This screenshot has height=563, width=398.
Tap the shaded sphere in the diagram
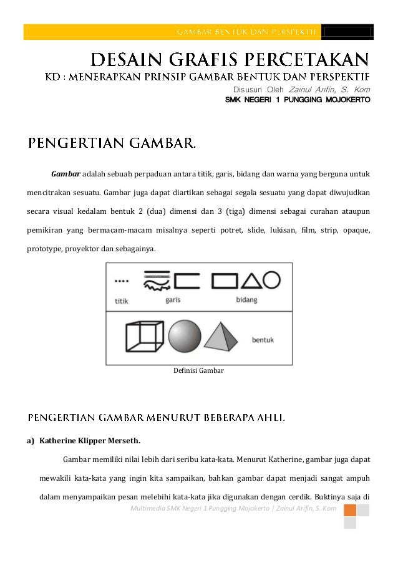pos(184,337)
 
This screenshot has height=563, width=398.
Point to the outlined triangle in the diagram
pos(251,281)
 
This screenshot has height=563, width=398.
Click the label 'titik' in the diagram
pos(122,300)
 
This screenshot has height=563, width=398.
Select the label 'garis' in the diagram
pos(173,299)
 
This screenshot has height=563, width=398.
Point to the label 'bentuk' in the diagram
pos(263,340)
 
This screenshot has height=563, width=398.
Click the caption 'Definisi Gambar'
pos(198,370)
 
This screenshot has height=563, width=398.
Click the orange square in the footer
pos(350,511)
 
